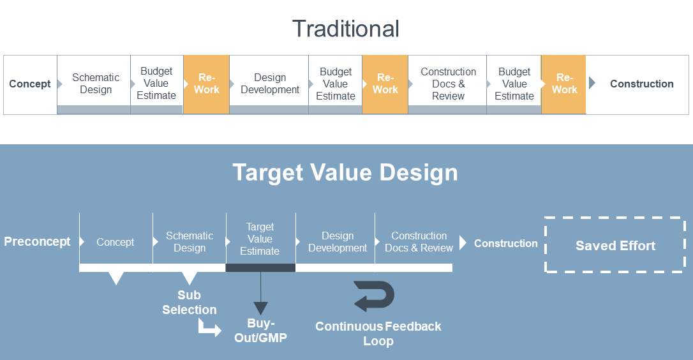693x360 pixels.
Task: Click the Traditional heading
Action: [x=346, y=29]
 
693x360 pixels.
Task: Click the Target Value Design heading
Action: [x=345, y=172]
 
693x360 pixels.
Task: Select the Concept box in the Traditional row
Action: [x=30, y=84]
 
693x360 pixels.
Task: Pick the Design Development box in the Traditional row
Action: [x=269, y=84]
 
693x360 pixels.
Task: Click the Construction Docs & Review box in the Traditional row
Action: [x=447, y=84]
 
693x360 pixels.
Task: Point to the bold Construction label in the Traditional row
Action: [x=642, y=84]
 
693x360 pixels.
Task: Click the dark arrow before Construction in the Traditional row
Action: [x=592, y=83]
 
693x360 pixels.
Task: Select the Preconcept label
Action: [x=37, y=241]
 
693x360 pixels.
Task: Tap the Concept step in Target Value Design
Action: [x=115, y=242]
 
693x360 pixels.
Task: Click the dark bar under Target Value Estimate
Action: [x=261, y=267]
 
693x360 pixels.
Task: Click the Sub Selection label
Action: [x=189, y=303]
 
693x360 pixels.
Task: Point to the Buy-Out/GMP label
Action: [x=261, y=331]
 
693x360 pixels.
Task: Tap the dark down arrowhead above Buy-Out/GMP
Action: [x=261, y=308]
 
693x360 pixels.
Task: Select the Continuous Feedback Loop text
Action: [x=378, y=333]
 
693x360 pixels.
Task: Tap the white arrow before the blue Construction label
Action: [x=463, y=243]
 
